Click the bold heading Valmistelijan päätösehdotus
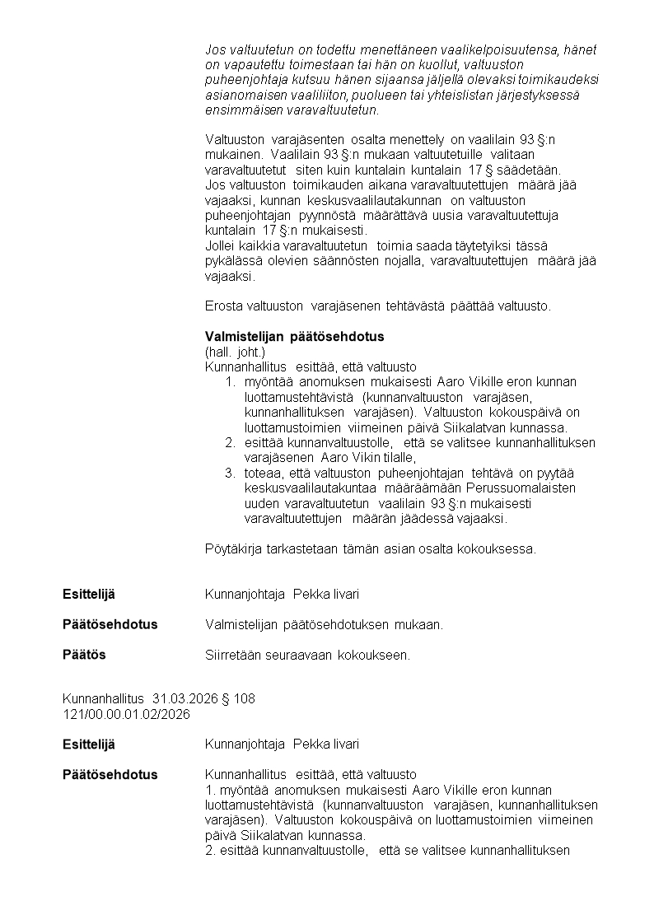click(x=294, y=337)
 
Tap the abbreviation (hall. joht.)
click(x=235, y=352)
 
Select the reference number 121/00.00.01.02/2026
click(x=126, y=714)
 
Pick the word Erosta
click(x=222, y=306)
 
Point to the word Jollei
click(x=220, y=246)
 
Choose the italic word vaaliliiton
click(x=318, y=95)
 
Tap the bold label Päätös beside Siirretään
click(x=84, y=655)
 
